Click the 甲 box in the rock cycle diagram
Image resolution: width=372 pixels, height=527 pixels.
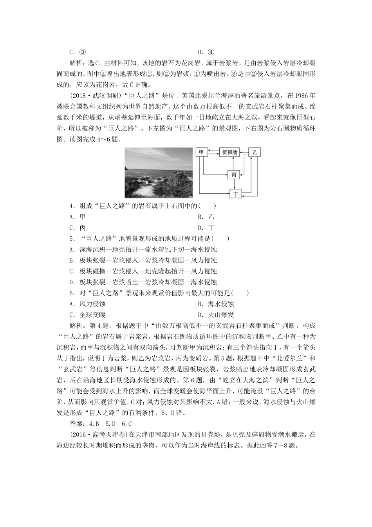coord(202,153)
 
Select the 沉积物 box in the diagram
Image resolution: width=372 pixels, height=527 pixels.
coord(229,153)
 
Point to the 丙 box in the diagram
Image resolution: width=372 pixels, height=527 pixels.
coord(234,174)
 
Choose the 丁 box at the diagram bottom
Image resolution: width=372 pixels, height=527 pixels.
coord(236,193)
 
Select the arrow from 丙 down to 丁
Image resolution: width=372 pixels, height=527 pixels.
coord(234,184)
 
